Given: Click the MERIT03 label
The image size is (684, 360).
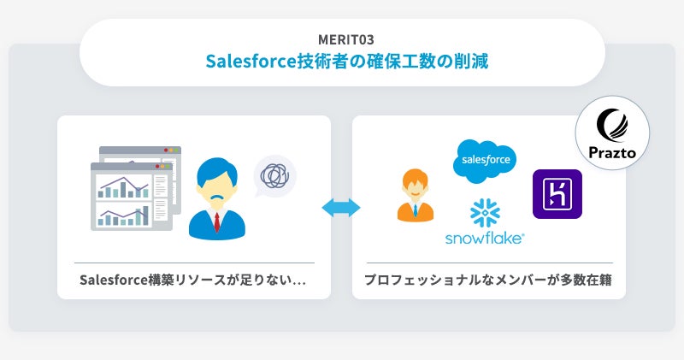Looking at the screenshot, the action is pos(342,38).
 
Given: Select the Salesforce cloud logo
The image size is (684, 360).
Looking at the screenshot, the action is pos(485,161).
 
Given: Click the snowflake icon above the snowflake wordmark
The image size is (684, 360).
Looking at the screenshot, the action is pos(485,213).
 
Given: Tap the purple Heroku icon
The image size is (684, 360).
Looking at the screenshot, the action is pos(557,194).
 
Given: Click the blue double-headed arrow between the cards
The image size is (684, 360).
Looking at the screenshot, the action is pos(341,208).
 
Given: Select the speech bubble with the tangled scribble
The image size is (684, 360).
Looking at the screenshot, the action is pos(276,174).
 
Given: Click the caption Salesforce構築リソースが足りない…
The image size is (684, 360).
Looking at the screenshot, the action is pos(193,280).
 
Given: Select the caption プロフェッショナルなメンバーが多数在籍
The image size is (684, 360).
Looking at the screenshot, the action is pos(489,280).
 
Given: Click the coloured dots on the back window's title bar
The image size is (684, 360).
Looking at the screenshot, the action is pos(172,150).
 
